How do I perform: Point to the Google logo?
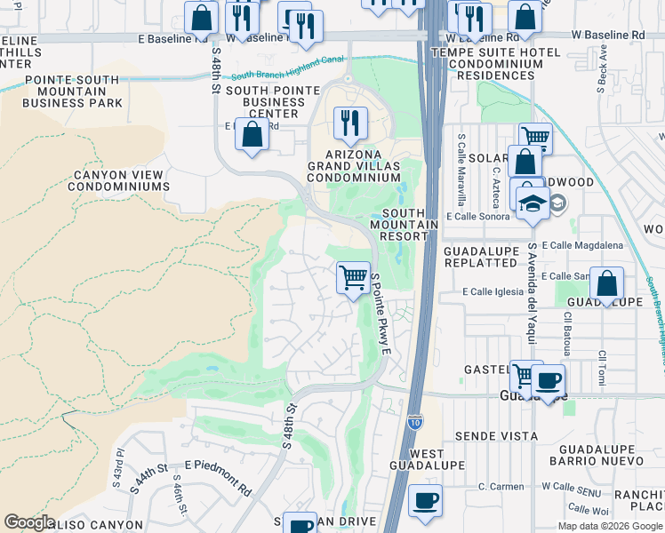coord(29,522)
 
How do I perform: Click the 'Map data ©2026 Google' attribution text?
coord(610,526)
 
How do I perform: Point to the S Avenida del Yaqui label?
coord(532,285)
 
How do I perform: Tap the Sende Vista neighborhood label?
coord(496,436)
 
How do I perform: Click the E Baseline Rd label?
coord(173,39)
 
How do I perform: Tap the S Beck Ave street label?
coord(603,61)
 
